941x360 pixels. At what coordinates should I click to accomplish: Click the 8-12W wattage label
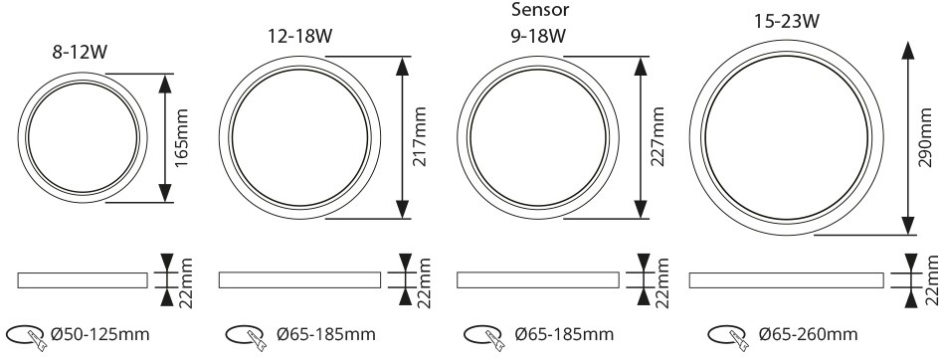tap(80, 52)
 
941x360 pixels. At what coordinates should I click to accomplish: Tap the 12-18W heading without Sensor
tap(300, 36)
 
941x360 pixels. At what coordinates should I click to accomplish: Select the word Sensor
tap(539, 10)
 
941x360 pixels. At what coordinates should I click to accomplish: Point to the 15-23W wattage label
tap(787, 22)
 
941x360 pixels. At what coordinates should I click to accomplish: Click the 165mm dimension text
tap(182, 137)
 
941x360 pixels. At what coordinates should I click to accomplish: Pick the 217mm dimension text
tap(420, 137)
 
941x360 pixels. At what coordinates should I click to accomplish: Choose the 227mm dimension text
tap(659, 137)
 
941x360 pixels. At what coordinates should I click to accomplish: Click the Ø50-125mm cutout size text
tap(100, 334)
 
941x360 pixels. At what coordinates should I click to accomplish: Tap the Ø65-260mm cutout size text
tap(808, 334)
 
